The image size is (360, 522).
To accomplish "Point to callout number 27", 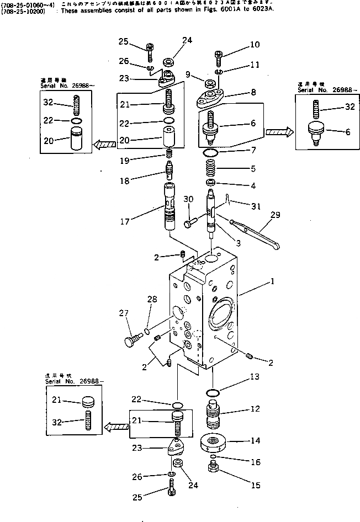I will point(123,313).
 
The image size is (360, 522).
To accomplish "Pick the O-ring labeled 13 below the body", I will point(213,393).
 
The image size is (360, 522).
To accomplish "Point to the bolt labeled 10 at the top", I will point(218,54).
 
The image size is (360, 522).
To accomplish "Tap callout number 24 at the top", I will point(188,40).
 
